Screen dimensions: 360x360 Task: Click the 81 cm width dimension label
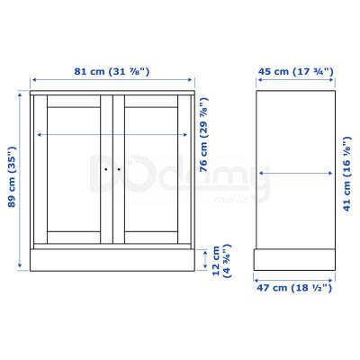(x=112, y=72)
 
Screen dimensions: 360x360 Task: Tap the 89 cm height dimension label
(x=12, y=176)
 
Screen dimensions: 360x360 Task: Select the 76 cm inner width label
(x=203, y=135)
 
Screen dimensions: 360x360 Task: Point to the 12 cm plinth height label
(x=221, y=261)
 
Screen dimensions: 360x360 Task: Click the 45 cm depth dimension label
(x=296, y=72)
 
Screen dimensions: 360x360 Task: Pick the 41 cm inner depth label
(x=347, y=174)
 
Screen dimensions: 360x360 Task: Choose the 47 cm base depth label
(x=294, y=288)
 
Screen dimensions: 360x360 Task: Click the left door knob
(x=106, y=169)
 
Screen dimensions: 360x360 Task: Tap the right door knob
(x=119, y=169)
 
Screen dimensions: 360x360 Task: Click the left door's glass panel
(x=74, y=169)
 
